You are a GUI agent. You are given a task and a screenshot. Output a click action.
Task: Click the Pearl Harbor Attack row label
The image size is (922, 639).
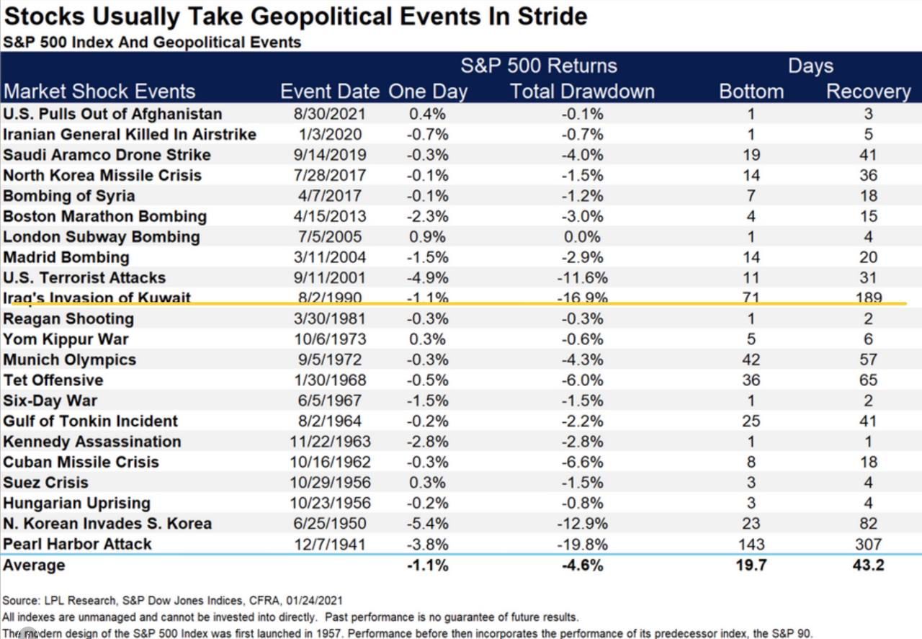[77, 544]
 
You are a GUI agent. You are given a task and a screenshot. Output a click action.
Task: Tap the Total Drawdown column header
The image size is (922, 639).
[582, 91]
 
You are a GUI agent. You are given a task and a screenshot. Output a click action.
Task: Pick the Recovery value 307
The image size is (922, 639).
[868, 544]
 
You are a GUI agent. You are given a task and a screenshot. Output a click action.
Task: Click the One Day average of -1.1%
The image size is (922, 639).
[428, 566]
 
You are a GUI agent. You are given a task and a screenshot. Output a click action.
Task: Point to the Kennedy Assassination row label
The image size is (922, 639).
[91, 442]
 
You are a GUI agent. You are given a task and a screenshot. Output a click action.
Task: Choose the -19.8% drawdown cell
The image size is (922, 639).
[583, 544]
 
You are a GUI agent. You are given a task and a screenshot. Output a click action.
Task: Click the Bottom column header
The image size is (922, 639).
[752, 91]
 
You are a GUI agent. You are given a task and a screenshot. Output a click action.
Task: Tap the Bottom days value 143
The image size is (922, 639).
[752, 544]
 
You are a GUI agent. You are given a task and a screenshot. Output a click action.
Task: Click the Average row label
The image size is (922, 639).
[34, 566]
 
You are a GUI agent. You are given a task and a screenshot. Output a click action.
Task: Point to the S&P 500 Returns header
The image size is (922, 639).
[539, 66]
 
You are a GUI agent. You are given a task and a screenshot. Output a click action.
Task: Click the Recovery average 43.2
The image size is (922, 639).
[867, 566]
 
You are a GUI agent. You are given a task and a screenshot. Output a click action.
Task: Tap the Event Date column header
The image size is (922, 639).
[330, 91]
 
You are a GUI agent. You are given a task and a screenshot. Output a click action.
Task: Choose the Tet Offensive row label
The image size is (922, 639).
[53, 380]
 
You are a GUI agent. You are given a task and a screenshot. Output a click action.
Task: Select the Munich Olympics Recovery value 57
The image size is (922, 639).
[868, 359]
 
